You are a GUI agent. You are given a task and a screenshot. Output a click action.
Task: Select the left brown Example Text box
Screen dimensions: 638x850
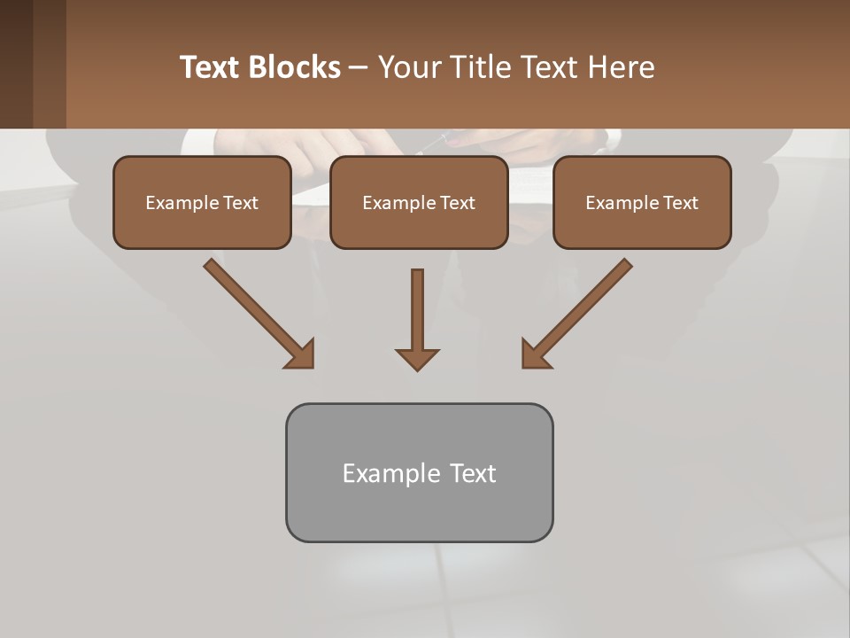[202, 202]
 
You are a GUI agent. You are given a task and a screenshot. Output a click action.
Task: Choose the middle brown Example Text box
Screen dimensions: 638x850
[419, 202]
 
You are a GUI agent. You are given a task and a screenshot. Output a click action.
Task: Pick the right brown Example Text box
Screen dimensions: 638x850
[642, 202]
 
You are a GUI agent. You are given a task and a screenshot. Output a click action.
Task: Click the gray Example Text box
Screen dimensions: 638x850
[419, 472]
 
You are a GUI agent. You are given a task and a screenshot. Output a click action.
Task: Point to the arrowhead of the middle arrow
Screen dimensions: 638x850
[417, 359]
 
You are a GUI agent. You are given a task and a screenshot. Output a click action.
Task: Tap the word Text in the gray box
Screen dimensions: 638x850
[473, 473]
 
